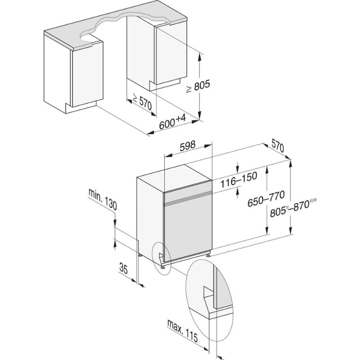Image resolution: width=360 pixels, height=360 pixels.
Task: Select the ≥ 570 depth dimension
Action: coord(142,103)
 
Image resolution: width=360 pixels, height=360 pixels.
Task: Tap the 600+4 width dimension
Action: coord(172,122)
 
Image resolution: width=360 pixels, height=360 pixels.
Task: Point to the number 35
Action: coord(123,270)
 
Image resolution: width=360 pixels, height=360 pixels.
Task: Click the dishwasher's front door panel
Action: coord(187,229)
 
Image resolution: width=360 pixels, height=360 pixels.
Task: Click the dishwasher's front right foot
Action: coord(208,254)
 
